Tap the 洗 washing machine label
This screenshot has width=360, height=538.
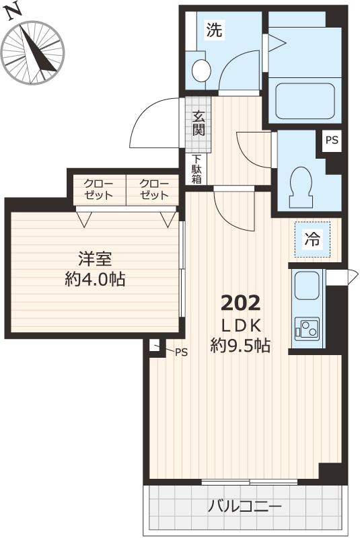[x=213, y=30]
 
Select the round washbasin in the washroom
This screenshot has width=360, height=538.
[x=201, y=69]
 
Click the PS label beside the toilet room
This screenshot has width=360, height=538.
[x=332, y=141]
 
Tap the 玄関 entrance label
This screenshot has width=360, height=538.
[x=199, y=122]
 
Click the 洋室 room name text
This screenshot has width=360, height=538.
[x=94, y=258]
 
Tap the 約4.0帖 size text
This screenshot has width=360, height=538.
[x=94, y=278]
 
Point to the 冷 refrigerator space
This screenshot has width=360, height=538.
[x=312, y=239]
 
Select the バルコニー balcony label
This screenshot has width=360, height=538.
[x=244, y=506]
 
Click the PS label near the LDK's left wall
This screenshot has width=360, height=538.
[x=182, y=352]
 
